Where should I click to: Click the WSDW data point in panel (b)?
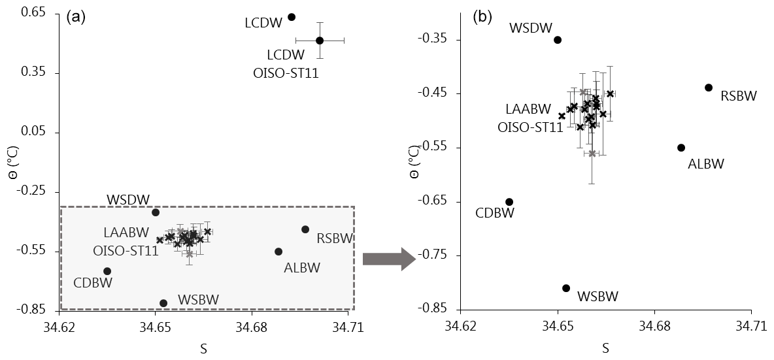point(558,40)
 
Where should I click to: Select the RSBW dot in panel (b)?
point(709,88)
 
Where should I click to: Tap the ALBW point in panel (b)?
point(681,148)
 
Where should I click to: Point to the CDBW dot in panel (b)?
point(509,202)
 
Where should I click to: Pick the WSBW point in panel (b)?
point(566,288)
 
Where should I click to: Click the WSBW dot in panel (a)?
point(163,303)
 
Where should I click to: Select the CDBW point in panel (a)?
point(107,271)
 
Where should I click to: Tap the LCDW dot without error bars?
point(292,17)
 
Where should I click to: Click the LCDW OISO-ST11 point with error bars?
point(320,41)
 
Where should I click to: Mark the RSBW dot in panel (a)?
point(305,229)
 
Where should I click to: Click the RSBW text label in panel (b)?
point(739,97)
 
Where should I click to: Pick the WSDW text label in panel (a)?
point(129,199)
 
